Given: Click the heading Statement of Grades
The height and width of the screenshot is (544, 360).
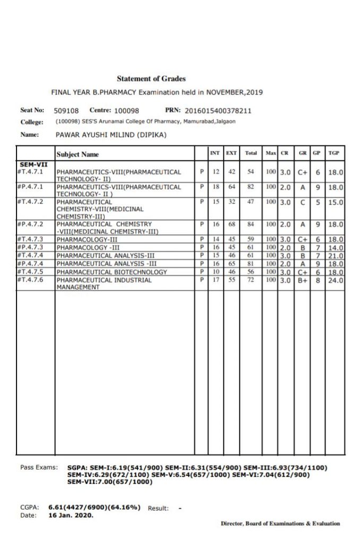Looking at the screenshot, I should click(x=151, y=79).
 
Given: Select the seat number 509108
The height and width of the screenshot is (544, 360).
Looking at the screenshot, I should click(x=66, y=111).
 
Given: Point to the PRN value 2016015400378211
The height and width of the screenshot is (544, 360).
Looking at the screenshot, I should click(x=218, y=111).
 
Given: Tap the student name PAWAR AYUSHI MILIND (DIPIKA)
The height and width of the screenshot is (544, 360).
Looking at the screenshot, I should click(x=111, y=135).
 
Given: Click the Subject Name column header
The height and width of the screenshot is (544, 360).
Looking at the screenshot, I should click(x=78, y=154).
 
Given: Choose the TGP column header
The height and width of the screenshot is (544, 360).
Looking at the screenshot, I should click(x=334, y=153).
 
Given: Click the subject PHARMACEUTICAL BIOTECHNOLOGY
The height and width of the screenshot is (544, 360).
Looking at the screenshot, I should click(x=112, y=272).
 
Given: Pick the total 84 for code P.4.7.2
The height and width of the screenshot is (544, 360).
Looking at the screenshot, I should click(x=251, y=224).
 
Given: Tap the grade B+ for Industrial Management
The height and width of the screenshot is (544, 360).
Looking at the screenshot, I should click(x=303, y=280).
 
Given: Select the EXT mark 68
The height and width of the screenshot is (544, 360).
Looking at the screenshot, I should click(x=232, y=224).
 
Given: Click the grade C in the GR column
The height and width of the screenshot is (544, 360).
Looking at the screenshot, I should click(x=303, y=202).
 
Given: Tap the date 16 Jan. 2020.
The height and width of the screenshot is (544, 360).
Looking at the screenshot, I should click(x=71, y=515).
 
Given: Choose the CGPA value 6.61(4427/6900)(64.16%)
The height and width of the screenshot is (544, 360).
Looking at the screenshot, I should click(x=95, y=507).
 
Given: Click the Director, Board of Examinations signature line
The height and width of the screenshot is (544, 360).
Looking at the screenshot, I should click(x=280, y=523).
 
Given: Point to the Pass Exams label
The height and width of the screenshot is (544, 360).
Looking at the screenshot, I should click(x=39, y=467).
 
